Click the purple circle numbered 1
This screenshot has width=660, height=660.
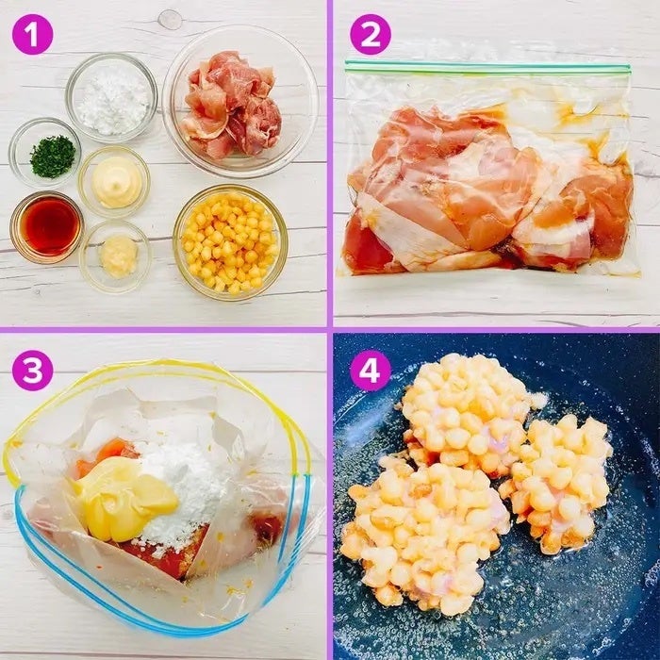pos(32,35)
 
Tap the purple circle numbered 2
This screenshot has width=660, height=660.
pos(371,35)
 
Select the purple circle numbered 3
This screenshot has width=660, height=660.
pos(32,371)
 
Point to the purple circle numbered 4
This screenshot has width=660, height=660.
pos(371,371)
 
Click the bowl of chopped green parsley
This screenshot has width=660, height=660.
pos(45,153)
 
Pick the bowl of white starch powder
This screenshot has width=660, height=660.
pos(111,98)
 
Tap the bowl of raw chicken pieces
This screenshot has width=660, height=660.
pos(240,101)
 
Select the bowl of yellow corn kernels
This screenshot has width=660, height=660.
pos(230,242)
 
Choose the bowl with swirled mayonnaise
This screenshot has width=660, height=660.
pos(114,182)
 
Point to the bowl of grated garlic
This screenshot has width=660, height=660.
pos(116,256)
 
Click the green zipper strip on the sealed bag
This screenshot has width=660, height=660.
pos(487,67)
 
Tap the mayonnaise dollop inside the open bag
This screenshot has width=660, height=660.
pos(125,498)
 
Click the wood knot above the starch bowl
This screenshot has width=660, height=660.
pos(170,19)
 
